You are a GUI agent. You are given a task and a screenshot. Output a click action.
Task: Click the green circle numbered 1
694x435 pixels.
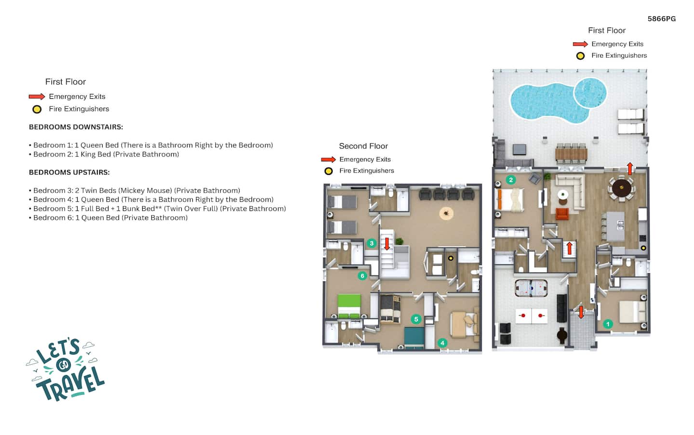[x=608, y=324]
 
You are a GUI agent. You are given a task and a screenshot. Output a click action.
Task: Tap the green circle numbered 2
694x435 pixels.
[x=511, y=180]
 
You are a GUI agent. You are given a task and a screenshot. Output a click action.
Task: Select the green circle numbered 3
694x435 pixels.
[x=372, y=243]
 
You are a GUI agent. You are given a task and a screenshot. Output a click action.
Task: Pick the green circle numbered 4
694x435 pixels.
[x=442, y=343]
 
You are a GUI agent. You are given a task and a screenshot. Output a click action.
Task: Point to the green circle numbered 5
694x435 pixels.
[x=416, y=319]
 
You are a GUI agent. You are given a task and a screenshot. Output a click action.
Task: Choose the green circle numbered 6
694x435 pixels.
[x=362, y=276]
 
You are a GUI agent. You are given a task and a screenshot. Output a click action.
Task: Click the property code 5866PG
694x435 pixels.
[x=661, y=19]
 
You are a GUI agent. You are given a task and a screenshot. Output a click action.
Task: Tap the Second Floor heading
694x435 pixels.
[x=363, y=146]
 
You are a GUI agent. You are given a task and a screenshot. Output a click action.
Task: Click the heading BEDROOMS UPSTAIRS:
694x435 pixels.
[x=69, y=172]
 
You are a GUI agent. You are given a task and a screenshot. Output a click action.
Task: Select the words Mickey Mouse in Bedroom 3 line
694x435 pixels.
[x=146, y=190]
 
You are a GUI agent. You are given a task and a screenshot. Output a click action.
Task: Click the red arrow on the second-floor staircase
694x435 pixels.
[x=387, y=244]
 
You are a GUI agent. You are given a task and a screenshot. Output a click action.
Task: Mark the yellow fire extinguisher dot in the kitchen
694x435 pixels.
[x=643, y=248]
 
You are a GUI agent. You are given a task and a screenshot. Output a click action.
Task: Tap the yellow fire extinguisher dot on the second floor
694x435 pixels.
[x=451, y=258]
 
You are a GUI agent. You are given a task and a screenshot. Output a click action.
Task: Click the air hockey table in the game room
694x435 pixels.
[x=531, y=288]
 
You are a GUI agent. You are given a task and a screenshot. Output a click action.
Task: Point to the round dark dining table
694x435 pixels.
[x=622, y=188]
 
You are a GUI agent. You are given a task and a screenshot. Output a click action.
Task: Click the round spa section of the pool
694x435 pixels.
[x=590, y=92]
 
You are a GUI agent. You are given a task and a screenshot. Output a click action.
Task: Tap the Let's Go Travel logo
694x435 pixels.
[x=66, y=369]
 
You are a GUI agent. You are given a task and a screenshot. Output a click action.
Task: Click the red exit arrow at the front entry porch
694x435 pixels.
[x=581, y=312]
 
